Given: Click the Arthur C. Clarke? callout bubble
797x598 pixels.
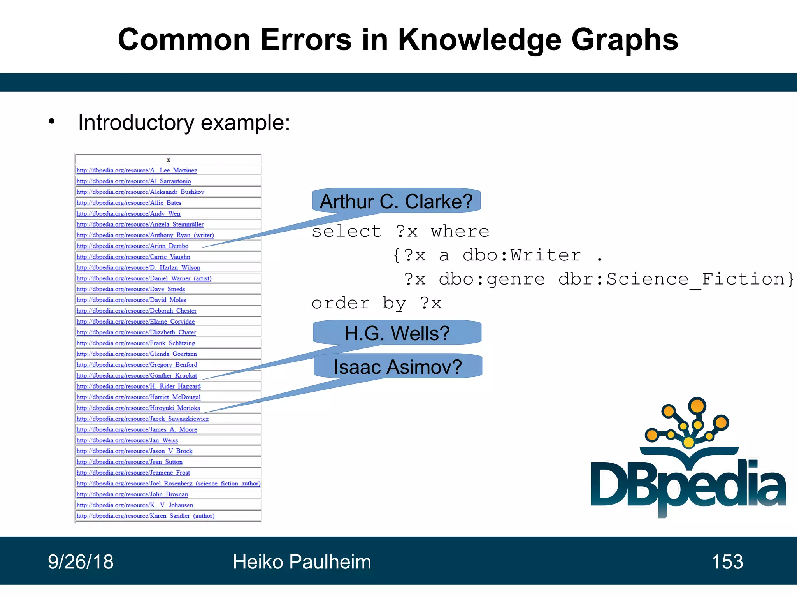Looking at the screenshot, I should [396, 201].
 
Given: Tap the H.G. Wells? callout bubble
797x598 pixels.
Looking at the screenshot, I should [397, 333].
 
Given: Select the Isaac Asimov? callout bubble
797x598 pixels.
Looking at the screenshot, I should [398, 367].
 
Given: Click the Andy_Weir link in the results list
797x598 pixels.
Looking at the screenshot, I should [128, 214].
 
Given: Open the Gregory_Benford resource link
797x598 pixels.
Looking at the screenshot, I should [137, 365].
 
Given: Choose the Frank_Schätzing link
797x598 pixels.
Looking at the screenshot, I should [135, 343].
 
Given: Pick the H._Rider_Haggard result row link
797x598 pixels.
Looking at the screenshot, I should [138, 387].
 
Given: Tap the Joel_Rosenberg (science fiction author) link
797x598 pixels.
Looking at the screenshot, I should [168, 484].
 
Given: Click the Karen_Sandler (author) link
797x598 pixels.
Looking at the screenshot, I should [145, 516].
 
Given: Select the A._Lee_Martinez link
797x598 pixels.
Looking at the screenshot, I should [137, 171].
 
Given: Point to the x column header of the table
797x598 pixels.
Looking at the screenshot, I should [168, 160].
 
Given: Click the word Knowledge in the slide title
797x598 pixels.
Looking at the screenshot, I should [479, 40].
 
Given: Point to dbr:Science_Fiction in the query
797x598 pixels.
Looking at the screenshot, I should [675, 279].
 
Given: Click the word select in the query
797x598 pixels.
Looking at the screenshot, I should [346, 232].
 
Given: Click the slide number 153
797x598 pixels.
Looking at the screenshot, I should [727, 562].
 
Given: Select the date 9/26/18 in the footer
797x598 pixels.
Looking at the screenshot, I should [81, 562].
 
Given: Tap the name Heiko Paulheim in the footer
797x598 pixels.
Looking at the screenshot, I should [302, 562].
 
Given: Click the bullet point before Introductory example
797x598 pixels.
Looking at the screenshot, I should [52, 122].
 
